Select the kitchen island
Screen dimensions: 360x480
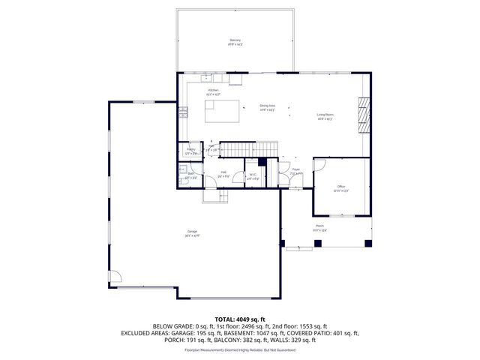tap(223, 112)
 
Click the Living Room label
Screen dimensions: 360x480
tap(325, 115)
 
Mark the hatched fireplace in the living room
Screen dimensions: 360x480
tap(364, 114)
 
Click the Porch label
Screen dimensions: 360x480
tap(319, 226)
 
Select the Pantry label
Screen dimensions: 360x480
tap(191, 150)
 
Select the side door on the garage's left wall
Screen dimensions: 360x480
tap(114, 277)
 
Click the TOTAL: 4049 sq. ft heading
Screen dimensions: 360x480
tap(239, 319)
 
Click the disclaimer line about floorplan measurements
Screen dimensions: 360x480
tap(239, 349)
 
